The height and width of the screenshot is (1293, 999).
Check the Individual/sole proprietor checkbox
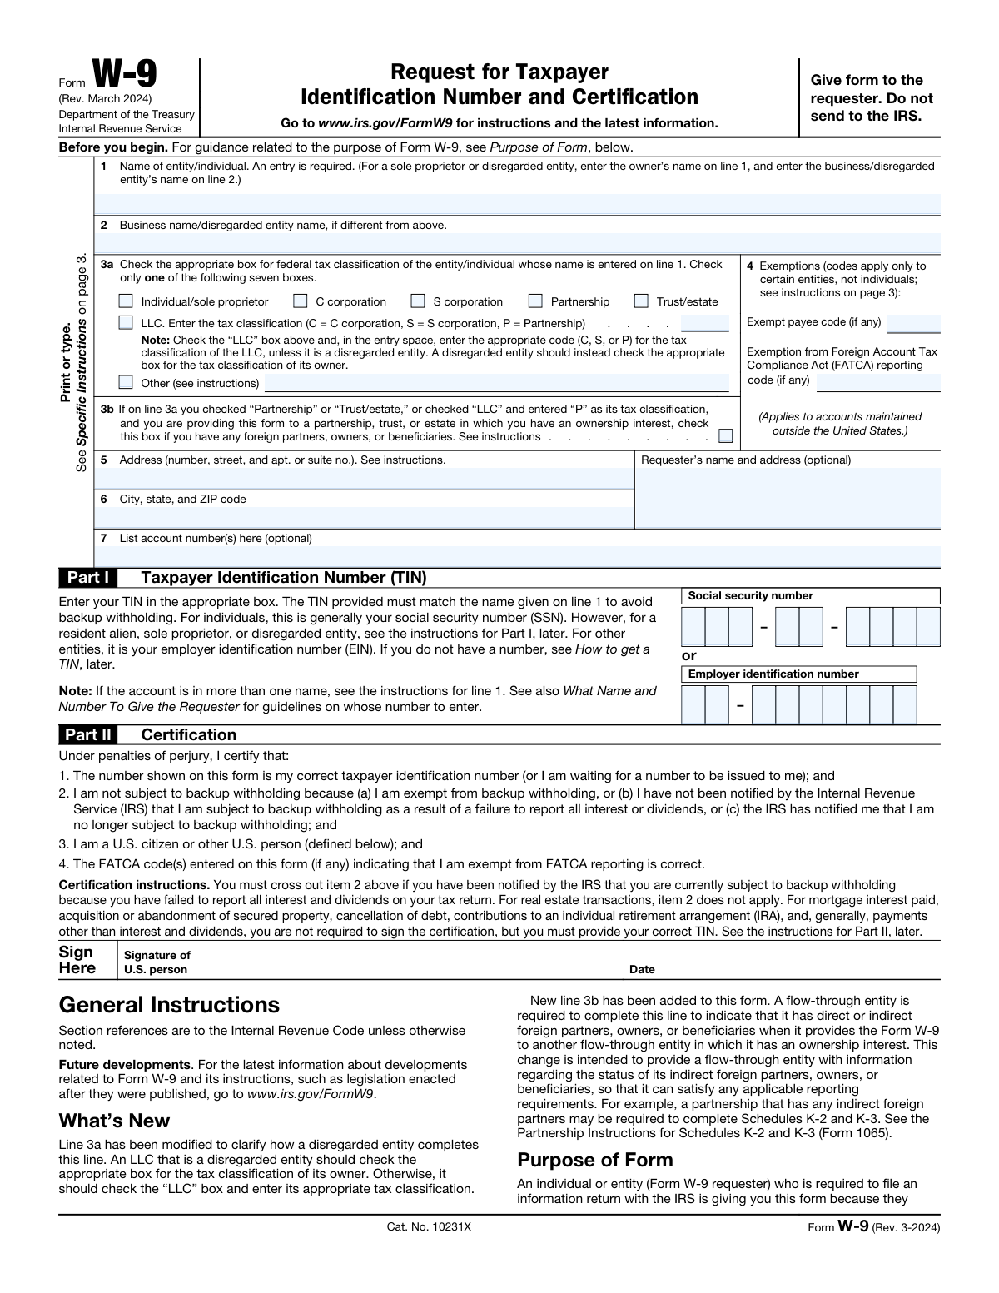click(126, 301)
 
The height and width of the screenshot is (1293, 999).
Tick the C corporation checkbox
click(301, 301)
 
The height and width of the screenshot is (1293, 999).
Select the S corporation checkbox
click(418, 301)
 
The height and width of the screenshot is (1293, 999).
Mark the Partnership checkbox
click(536, 301)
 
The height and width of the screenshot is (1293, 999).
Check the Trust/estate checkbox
click(641, 301)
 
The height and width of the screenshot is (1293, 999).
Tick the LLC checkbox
click(126, 322)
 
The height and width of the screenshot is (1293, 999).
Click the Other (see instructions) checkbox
click(126, 382)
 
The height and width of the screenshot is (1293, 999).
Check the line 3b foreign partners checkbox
click(726, 435)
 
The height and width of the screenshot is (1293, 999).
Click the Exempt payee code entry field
click(913, 323)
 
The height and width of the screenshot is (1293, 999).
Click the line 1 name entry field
click(517, 204)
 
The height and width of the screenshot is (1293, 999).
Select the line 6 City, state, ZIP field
click(365, 517)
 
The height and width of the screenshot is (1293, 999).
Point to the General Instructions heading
click(169, 1005)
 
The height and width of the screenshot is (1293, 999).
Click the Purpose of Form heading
click(594, 1160)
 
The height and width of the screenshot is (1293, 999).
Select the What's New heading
click(114, 1121)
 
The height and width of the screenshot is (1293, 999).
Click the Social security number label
click(750, 595)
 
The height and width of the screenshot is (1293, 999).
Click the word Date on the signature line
click(642, 969)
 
